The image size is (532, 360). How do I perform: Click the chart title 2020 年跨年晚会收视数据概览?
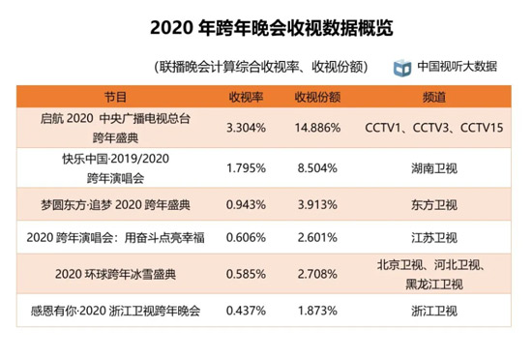pyautogui.click(x=272, y=28)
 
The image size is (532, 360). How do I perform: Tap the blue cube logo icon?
pyautogui.click(x=402, y=68)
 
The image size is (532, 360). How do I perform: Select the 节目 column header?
pyautogui.click(x=116, y=97)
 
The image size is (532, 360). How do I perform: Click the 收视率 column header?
pyautogui.click(x=246, y=97)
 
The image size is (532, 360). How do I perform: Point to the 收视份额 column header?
pyautogui.click(x=317, y=97)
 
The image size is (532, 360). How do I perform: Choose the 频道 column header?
pyautogui.click(x=434, y=97)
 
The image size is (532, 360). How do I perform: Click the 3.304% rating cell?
pyautogui.click(x=246, y=128)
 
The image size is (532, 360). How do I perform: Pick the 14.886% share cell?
pyautogui.click(x=317, y=128)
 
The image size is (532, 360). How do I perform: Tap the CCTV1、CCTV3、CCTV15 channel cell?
pyautogui.click(x=434, y=128)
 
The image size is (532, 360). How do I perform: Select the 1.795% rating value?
pyautogui.click(x=246, y=168)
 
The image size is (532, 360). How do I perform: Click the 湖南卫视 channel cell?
pyautogui.click(x=434, y=168)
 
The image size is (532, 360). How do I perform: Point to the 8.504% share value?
pyautogui.click(x=317, y=168)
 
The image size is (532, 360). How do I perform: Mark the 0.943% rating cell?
pyautogui.click(x=246, y=204)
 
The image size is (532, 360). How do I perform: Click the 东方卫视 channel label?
pyautogui.click(x=434, y=204)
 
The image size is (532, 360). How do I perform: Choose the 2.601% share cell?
pyautogui.click(x=317, y=237)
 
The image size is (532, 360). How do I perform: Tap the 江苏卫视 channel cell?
pyautogui.click(x=434, y=237)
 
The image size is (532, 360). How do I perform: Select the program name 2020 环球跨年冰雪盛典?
pyautogui.click(x=116, y=274)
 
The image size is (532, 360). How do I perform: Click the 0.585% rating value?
pyautogui.click(x=246, y=274)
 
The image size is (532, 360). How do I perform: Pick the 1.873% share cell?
pyautogui.click(x=317, y=311)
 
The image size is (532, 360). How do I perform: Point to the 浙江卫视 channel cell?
pyautogui.click(x=434, y=311)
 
